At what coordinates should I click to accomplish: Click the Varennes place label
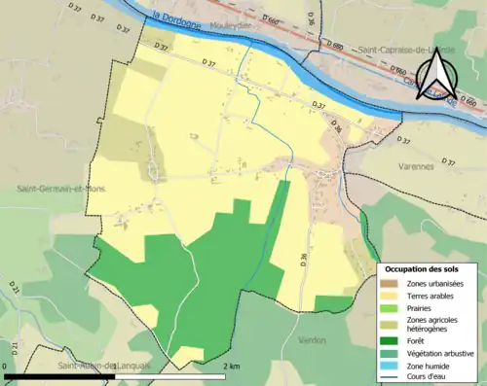(416, 166)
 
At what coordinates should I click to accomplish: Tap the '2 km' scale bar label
(232, 367)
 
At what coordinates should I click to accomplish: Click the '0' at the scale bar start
(6, 367)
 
